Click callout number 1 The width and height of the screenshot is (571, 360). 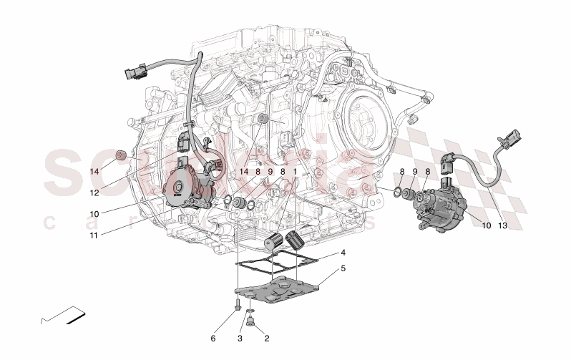294,172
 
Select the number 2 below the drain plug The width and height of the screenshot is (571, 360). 267,338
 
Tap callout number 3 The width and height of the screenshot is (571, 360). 240,338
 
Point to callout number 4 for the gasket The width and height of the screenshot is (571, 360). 343,253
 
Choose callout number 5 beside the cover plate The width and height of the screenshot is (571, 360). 343,269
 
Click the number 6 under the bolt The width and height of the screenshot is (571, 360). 213,338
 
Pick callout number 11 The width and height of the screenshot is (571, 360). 94,233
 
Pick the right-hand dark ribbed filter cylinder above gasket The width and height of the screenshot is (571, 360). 294,239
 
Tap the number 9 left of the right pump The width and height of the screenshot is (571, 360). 414,172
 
